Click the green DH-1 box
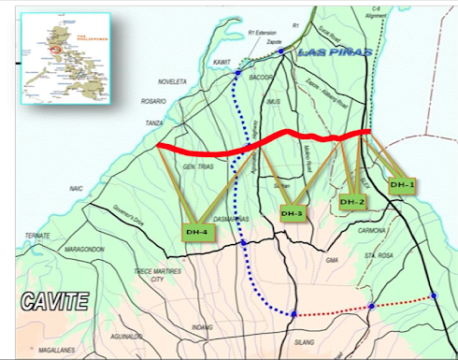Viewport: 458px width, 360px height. coord(402,185)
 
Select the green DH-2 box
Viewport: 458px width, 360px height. coord(352,202)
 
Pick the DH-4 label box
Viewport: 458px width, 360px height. coord(196,231)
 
